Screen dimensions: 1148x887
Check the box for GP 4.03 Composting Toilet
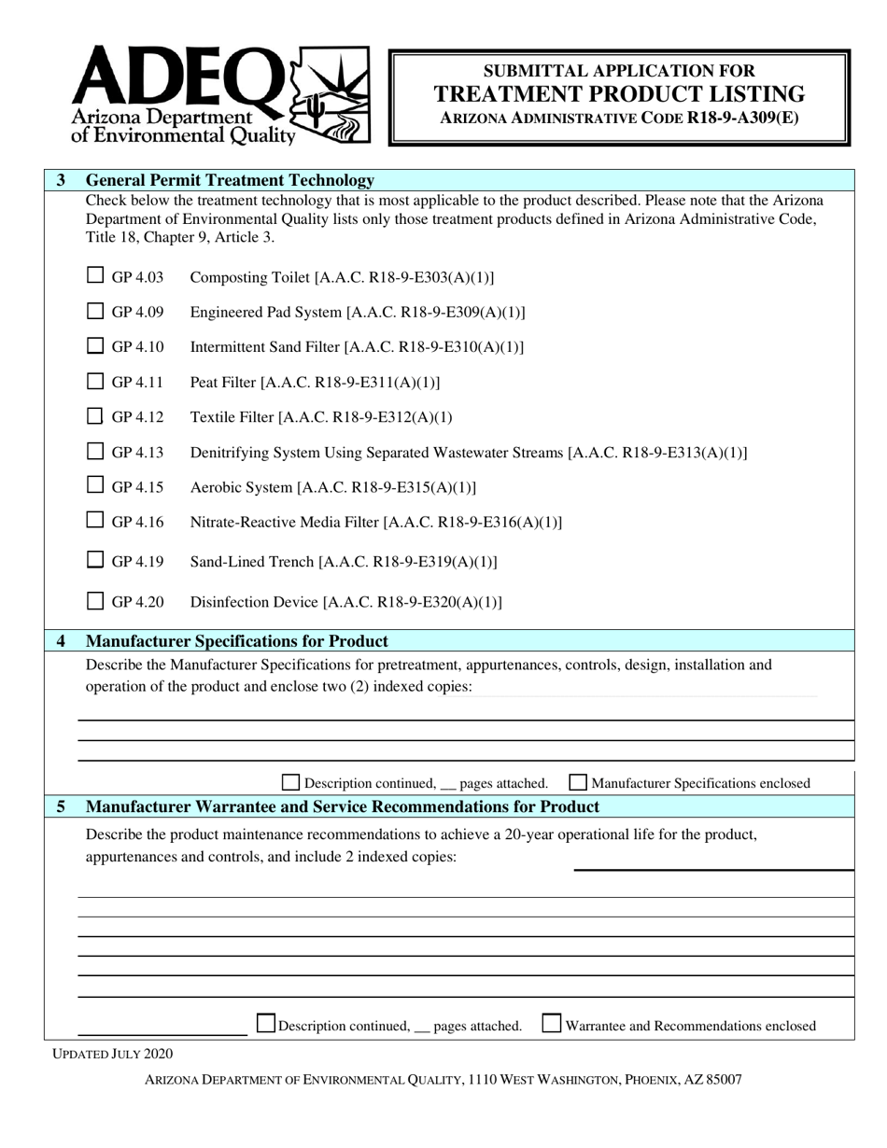click(x=95, y=275)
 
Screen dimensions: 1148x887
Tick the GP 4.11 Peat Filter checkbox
click(x=95, y=381)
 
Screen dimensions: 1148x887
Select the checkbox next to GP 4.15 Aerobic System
click(x=95, y=485)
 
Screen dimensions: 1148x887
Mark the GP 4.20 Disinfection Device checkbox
click(x=95, y=601)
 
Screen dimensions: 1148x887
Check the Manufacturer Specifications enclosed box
click(x=578, y=782)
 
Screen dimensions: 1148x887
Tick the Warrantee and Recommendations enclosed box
click(x=552, y=1024)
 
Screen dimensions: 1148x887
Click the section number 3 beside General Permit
click(x=61, y=180)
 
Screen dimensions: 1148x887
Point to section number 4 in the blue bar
click(x=62, y=641)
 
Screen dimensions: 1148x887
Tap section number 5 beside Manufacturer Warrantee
click(x=62, y=806)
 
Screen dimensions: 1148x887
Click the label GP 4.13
click(x=137, y=453)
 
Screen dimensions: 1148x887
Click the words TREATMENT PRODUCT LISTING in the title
click(x=619, y=94)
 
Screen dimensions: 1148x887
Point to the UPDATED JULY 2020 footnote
click(x=112, y=1054)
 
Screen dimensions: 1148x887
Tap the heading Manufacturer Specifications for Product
click(x=236, y=641)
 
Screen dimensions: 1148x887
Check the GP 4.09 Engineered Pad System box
click(x=95, y=311)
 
